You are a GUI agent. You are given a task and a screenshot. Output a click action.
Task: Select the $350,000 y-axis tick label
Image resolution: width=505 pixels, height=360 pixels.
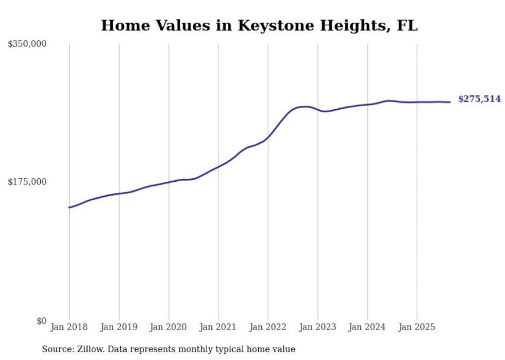(x=27, y=44)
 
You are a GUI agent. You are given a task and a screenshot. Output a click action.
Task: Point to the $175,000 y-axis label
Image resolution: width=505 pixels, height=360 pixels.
(x=27, y=182)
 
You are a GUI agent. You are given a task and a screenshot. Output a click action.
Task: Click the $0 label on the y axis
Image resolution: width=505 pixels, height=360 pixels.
(x=41, y=321)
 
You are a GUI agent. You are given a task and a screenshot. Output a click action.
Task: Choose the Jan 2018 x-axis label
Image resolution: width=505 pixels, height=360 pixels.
(x=69, y=327)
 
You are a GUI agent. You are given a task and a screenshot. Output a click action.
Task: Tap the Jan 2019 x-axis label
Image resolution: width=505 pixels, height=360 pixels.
(x=119, y=327)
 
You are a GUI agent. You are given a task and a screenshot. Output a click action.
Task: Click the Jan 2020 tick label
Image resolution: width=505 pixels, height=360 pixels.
(x=169, y=327)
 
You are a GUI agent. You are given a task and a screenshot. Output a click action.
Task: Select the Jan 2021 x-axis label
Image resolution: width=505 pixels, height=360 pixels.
(x=218, y=327)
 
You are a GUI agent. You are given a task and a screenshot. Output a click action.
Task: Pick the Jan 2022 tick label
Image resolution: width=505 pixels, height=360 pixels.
(x=268, y=327)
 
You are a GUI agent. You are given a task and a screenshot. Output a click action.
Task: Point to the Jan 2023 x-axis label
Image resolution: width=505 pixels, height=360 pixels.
(x=317, y=327)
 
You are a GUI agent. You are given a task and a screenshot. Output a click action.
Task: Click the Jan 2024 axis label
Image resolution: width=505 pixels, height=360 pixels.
(x=367, y=327)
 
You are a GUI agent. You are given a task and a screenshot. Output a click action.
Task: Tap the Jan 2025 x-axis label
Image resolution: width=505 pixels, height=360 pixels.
(x=417, y=327)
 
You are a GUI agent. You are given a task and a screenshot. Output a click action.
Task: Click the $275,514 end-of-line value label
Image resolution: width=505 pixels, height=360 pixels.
(x=479, y=99)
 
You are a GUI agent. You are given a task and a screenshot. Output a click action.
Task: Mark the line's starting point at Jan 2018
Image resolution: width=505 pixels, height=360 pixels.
(x=69, y=208)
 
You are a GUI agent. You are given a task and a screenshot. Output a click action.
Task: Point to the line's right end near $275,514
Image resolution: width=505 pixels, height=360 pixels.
(x=450, y=102)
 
